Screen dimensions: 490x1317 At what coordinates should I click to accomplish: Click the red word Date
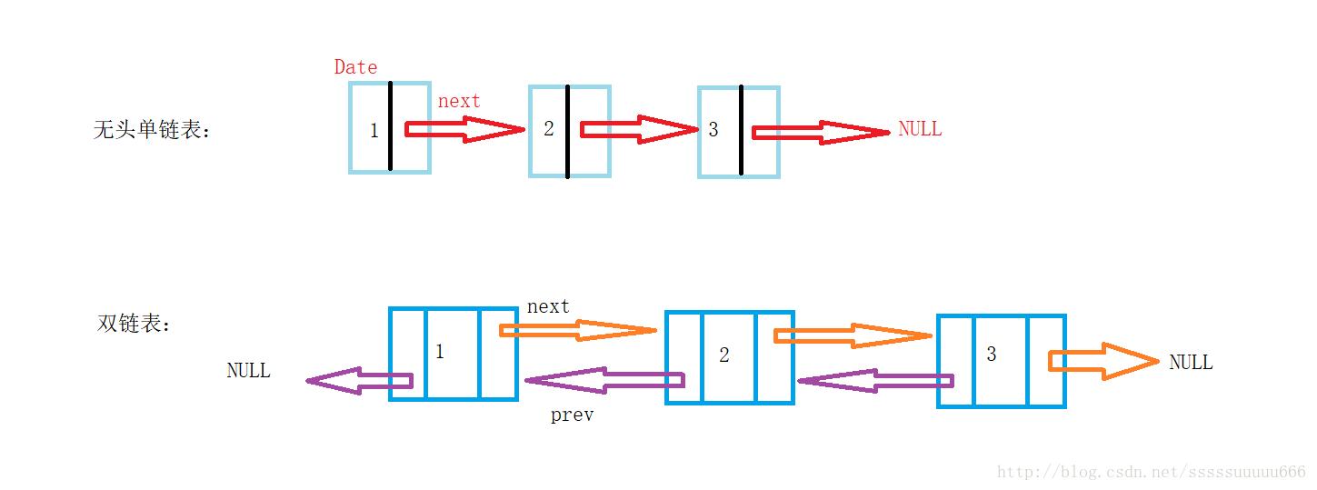355,66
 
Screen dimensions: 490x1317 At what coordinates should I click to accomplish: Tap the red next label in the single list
459,101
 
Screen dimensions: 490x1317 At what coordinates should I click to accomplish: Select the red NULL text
920,129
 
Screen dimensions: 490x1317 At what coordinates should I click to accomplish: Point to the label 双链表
134,324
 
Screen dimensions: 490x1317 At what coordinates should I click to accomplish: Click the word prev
572,415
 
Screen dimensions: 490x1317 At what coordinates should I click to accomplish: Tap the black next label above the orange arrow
548,306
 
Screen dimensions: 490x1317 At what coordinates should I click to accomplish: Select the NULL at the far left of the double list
248,370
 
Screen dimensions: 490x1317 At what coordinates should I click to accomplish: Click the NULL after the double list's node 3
1191,362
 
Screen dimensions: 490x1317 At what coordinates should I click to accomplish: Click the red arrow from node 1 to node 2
464,130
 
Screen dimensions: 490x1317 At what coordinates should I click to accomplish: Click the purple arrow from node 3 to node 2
874,382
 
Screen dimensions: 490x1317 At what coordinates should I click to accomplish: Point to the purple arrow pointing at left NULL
359,382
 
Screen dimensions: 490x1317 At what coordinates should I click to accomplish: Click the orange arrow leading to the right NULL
1103,361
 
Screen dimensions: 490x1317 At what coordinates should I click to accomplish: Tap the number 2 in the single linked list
548,129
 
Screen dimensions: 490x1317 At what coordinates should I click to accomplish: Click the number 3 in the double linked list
991,355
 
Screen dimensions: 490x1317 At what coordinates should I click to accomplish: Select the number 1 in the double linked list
440,352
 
